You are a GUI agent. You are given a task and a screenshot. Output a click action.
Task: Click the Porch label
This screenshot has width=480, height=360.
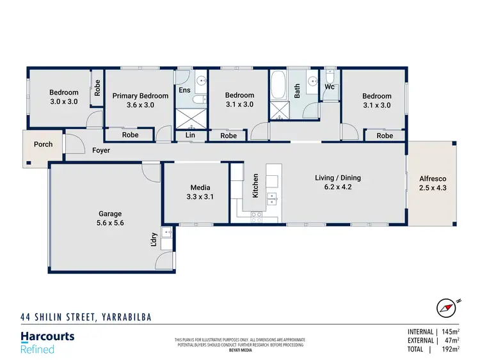coord(43,145)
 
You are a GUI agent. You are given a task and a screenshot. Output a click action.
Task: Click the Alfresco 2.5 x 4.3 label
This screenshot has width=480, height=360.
coord(432,184)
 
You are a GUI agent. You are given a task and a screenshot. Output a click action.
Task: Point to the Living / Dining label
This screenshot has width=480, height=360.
coord(338,182)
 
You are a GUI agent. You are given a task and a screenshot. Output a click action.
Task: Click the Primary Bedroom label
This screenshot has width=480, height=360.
coord(140,100)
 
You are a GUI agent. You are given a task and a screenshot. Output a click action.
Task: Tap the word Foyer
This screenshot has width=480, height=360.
coord(100,151)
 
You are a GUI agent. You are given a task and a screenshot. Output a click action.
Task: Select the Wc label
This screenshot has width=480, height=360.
coord(330,86)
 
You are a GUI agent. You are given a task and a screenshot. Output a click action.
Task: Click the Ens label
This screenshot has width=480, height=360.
coord(184,91)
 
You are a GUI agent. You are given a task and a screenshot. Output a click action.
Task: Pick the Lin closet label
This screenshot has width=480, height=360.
coord(190,136)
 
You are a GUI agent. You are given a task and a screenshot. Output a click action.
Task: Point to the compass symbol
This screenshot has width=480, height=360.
coord(445,308)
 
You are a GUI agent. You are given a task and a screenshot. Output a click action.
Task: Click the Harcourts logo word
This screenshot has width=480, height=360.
coord(47,336)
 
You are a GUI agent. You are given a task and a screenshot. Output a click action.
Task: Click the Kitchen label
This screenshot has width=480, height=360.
coord(255,185)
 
